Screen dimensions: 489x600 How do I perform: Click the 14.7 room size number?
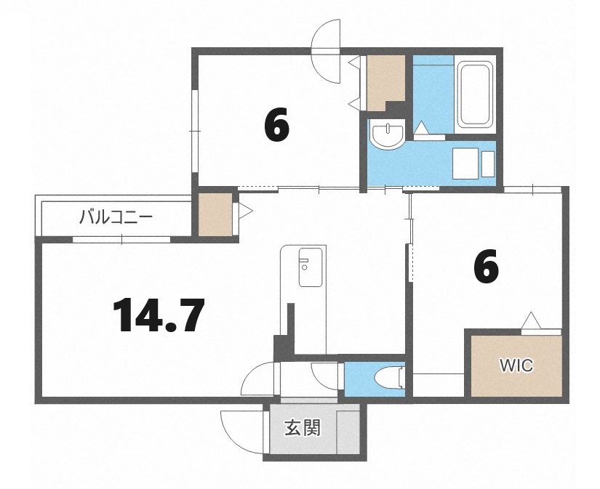pos(158,315)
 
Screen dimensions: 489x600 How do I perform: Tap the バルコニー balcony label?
pos(116,217)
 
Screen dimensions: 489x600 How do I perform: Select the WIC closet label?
pos(515,365)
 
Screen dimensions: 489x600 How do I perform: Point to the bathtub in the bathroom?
pos(476,94)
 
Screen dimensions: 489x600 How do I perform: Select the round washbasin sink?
pos(387,135)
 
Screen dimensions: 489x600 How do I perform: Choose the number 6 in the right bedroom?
pos(486,267)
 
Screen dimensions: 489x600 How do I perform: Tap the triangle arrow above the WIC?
pos(530,320)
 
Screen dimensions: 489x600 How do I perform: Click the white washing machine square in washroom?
pos(467,163)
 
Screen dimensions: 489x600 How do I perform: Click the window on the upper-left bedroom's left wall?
pos(194,131)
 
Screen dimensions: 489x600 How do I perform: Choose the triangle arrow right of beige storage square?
pos(245,211)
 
